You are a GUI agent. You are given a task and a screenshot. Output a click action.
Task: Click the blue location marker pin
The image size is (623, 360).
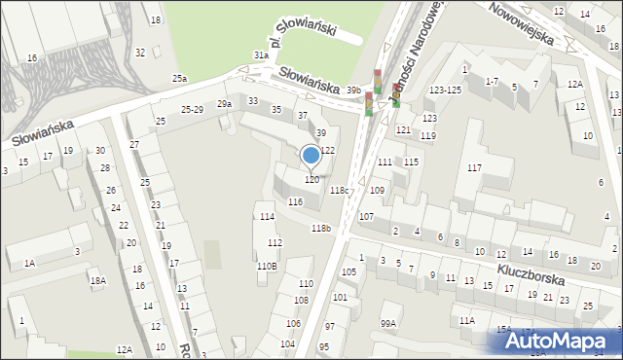click(x=311, y=155)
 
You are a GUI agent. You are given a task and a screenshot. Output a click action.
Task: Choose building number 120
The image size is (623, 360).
click(x=311, y=179)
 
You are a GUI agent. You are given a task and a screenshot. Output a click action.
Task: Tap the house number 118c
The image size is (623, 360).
click(x=339, y=191)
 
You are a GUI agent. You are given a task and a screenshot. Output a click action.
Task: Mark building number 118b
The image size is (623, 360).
click(x=321, y=228)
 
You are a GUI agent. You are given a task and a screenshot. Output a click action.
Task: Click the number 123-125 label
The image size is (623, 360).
click(x=445, y=90)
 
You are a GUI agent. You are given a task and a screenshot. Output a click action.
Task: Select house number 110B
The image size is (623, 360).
click(x=267, y=266)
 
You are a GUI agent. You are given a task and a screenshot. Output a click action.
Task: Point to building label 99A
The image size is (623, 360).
click(x=388, y=323)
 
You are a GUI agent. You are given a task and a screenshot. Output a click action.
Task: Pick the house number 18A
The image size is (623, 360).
click(x=97, y=281)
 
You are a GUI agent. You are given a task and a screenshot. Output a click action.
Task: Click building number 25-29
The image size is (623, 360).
click(x=193, y=110)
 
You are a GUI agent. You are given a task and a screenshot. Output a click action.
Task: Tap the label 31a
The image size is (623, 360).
click(x=261, y=55)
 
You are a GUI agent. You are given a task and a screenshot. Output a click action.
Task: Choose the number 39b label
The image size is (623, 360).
click(x=353, y=90)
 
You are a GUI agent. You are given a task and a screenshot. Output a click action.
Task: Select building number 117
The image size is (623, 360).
click(x=474, y=168)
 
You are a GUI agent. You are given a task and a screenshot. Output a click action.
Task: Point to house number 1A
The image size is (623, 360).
click(x=29, y=263)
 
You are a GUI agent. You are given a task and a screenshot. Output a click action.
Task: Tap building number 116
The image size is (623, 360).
click(x=295, y=201)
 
